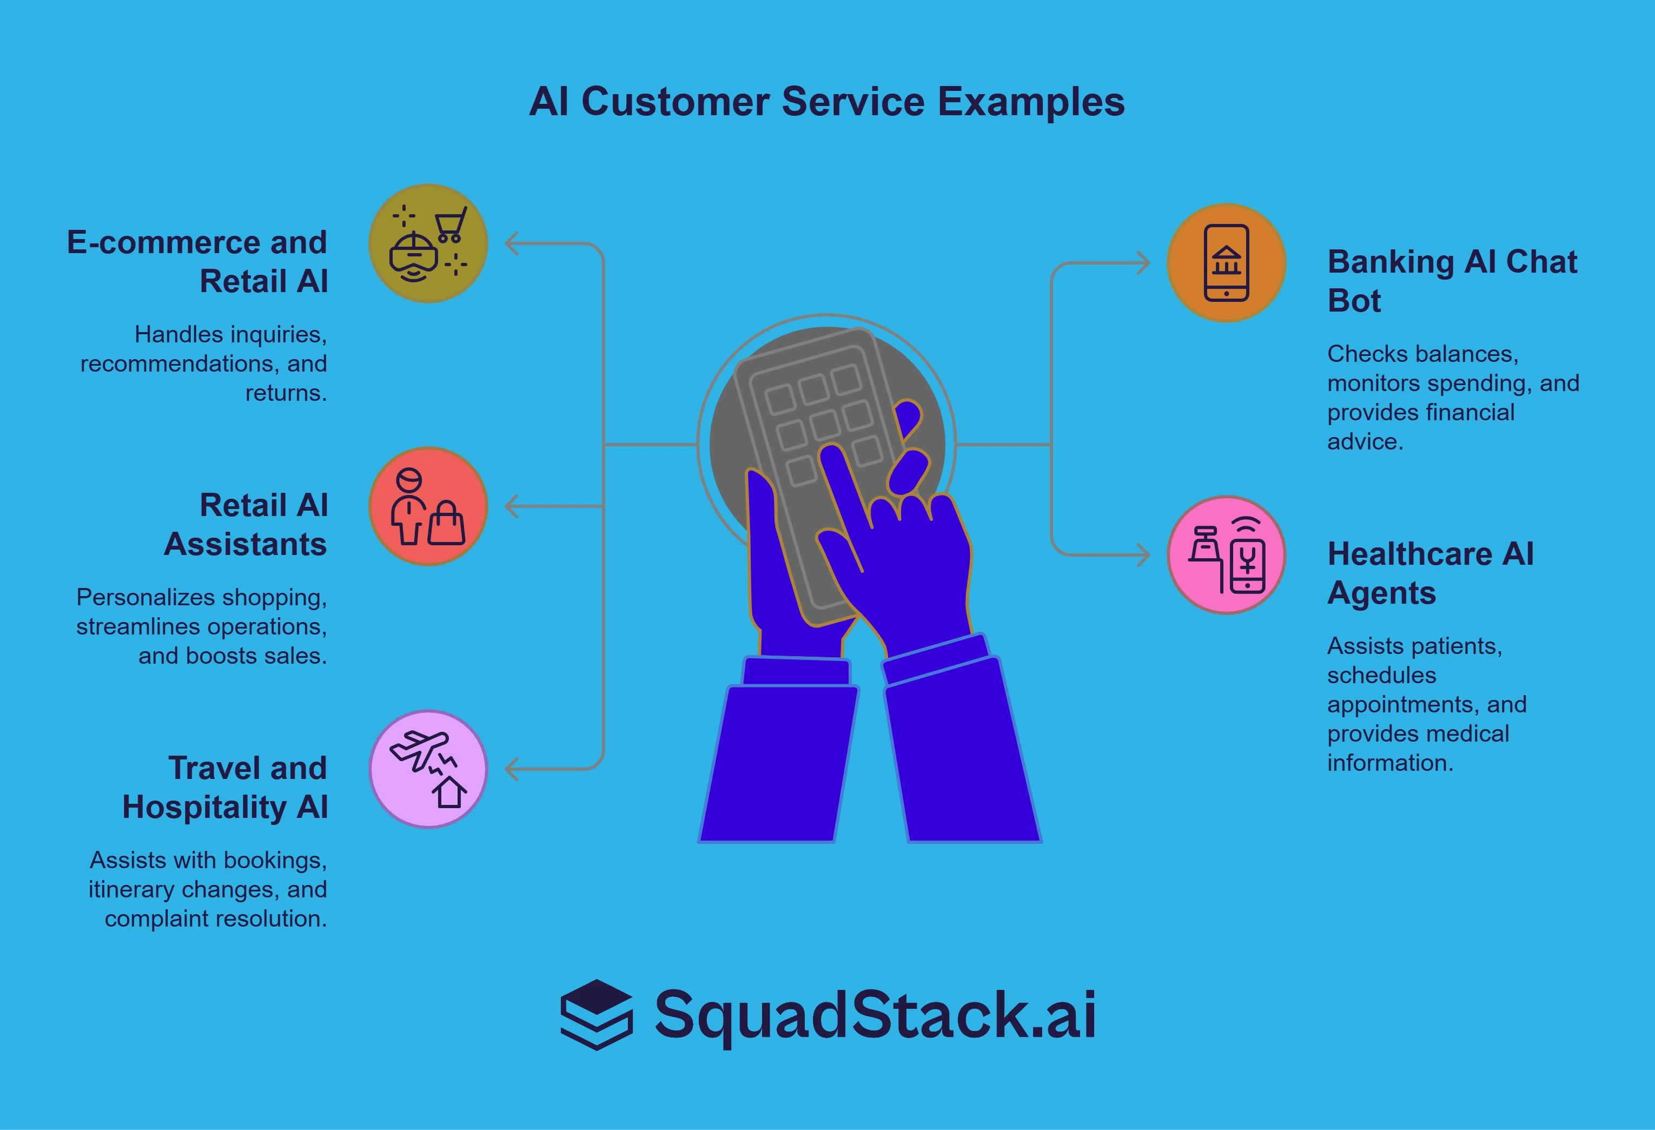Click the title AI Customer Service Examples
tap(826, 102)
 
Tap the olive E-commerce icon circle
tap(428, 243)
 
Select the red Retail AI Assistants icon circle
tap(428, 506)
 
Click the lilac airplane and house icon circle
tap(428, 769)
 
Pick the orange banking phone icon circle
tap(1226, 263)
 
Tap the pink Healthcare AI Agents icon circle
tap(1226, 554)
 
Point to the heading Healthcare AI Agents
tap(1430, 572)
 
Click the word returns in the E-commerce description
tap(286, 393)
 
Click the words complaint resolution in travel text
tap(215, 918)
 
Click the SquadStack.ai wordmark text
tap(875, 1015)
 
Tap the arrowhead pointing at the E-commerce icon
tap(511, 243)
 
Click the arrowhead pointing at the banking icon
tap(1143, 263)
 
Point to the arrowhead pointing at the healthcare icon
tap(1143, 554)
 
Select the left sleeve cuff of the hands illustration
tap(796, 671)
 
